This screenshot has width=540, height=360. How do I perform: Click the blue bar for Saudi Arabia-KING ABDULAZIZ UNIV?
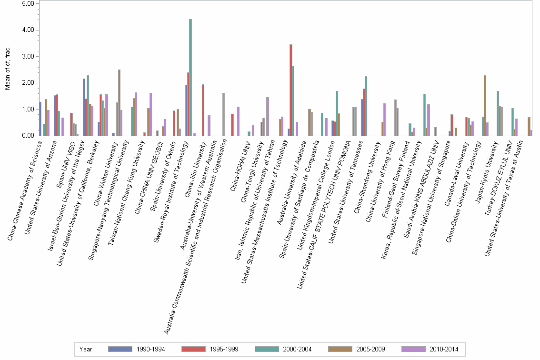click(x=435, y=131)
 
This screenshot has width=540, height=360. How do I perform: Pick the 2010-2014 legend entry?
click(x=430, y=349)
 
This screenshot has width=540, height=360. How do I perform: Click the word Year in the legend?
click(x=86, y=349)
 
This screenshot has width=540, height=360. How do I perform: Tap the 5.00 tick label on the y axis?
click(x=28, y=3)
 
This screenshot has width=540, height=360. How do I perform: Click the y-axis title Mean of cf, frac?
click(x=7, y=69)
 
